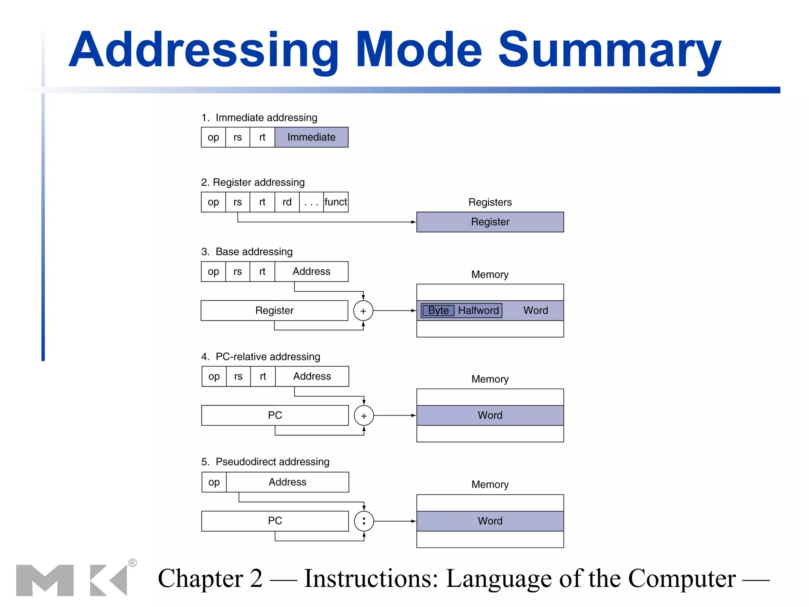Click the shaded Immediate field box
(x=311, y=137)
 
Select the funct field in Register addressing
(x=336, y=202)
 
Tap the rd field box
(x=287, y=202)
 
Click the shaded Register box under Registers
(x=490, y=222)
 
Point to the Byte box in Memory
(x=438, y=311)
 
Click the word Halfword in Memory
(x=478, y=311)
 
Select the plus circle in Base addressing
(x=363, y=311)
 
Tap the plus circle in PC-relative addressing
(x=364, y=416)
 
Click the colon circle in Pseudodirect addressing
(x=364, y=521)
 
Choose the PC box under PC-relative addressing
(x=275, y=415)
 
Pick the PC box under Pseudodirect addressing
(x=275, y=521)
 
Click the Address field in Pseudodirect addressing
(x=288, y=482)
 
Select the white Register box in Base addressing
(x=274, y=311)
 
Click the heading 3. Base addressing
(x=247, y=252)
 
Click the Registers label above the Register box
(x=490, y=202)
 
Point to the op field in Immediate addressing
(x=213, y=137)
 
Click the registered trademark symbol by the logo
(x=133, y=563)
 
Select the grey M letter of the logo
(x=45, y=580)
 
